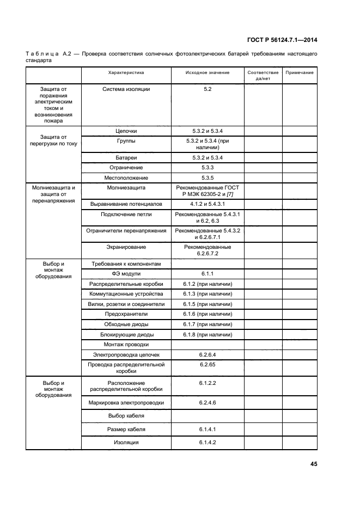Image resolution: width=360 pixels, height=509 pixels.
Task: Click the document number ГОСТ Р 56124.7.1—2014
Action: point(282,40)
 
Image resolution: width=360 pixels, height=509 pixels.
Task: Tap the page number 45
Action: point(313,464)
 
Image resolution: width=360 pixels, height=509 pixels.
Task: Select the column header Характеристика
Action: point(126,72)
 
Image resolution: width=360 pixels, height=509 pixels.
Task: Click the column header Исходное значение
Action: point(207,72)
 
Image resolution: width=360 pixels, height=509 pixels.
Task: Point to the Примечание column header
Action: point(299,72)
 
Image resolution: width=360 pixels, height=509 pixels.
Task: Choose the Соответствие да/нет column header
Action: point(263,75)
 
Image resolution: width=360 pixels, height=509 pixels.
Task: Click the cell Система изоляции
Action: point(126,89)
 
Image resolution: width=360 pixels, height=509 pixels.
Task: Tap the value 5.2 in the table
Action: point(207,89)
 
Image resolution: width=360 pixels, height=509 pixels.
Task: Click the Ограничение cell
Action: point(126,168)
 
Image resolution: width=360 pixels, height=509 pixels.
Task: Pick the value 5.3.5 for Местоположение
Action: point(207,177)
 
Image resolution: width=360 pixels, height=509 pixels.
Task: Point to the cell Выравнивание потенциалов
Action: point(126,204)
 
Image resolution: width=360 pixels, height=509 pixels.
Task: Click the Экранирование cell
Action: point(126,247)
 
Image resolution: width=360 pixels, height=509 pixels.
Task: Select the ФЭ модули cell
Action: point(126,273)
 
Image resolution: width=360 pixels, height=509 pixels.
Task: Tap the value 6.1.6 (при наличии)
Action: point(207,314)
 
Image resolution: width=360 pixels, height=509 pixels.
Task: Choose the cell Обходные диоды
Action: point(126,324)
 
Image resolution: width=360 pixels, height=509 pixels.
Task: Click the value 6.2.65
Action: point(207,364)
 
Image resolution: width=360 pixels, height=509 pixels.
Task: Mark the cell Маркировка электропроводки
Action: point(126,403)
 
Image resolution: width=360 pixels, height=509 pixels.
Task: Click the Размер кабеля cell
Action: point(126,429)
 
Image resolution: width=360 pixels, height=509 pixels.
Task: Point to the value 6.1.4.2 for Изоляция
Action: point(207,442)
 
